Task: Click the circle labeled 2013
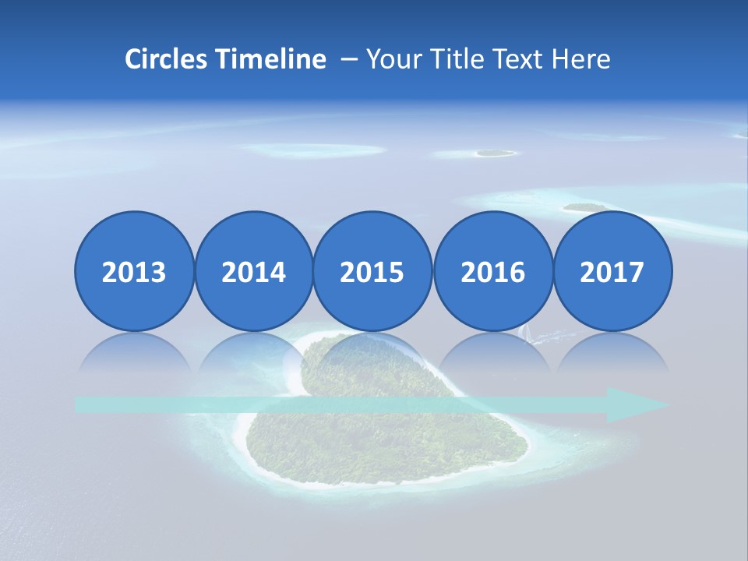tap(134, 271)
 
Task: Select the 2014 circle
tap(253, 271)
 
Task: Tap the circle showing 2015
tap(372, 271)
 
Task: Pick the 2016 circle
tap(492, 271)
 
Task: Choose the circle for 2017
tap(612, 271)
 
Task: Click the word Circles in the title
tap(165, 59)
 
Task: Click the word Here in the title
tap(580, 59)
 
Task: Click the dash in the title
tap(349, 59)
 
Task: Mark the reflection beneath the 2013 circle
tap(134, 352)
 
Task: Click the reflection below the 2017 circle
tap(612, 352)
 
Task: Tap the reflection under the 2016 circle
tap(492, 352)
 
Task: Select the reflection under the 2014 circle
tap(253, 352)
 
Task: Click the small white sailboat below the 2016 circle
tap(525, 333)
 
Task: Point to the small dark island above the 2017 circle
tap(584, 207)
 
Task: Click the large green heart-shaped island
tap(390, 436)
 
